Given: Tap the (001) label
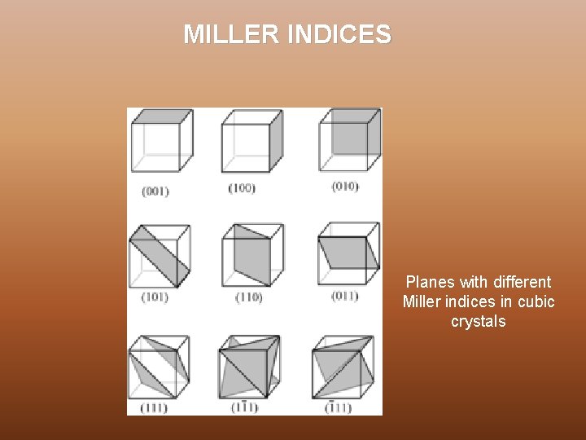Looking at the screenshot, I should [155, 191].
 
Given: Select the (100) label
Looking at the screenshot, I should [241, 188].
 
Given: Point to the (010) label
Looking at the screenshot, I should [344, 187].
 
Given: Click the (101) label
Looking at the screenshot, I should [155, 297].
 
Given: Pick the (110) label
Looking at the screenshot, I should [248, 297].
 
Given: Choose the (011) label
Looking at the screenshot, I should [344, 296].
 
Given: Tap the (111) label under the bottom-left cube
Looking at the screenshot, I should [154, 407].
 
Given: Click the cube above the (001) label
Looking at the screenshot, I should [162, 141].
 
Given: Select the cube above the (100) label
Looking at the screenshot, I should [252, 141].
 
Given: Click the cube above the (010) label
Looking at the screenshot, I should [348, 141].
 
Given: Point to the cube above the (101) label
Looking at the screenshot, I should [160, 256].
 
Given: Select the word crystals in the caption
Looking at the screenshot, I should [479, 322].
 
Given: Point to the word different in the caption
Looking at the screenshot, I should [520, 283].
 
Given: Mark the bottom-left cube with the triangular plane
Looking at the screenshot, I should [160, 367].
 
